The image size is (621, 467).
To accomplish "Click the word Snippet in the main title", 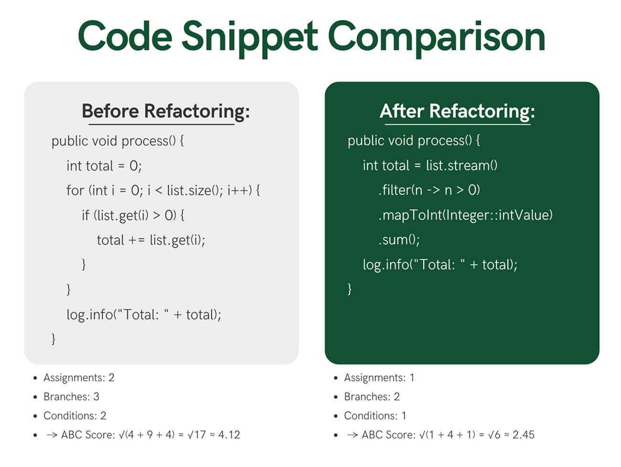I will coord(249,37).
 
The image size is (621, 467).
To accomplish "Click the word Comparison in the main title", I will coord(437,37).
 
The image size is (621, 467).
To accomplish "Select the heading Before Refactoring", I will coord(165,111).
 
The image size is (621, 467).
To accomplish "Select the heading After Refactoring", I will coord(457,111).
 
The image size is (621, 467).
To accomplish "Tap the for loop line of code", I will coord(163,190).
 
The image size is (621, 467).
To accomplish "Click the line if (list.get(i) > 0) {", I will coord(133,215).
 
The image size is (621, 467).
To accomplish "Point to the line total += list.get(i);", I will coord(151,240).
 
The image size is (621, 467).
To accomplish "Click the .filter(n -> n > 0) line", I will coord(429,190).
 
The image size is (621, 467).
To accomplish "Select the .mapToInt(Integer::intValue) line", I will coord(465,215).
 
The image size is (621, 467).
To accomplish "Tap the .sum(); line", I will coord(399,239).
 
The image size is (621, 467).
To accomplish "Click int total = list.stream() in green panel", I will coord(430,166).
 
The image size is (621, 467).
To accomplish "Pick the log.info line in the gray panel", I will coord(144,314).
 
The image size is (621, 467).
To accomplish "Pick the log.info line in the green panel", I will coord(440,265).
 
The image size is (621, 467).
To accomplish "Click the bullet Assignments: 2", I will coord(79,378).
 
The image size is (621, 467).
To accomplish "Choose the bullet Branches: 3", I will coord(71,397).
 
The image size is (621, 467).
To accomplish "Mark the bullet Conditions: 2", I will coord(75,416).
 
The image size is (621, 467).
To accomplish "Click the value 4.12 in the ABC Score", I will coord(229,435).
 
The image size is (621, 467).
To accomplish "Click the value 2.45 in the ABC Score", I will coord(524,435).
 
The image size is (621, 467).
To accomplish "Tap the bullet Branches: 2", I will coord(372,397).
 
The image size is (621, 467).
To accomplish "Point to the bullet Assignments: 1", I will coord(379,378).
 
